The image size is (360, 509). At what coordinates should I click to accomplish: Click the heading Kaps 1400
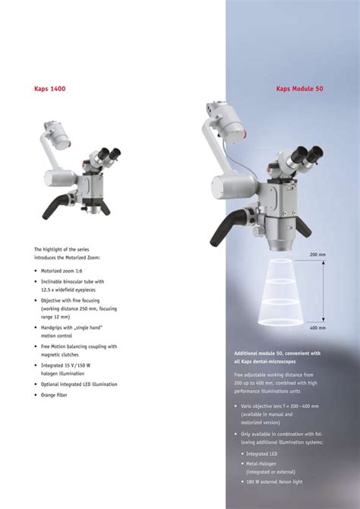tap(50, 89)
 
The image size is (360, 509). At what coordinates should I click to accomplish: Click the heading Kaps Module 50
tap(300, 89)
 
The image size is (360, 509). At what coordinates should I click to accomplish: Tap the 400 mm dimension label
tap(317, 328)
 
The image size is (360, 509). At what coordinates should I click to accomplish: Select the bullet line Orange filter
tap(55, 395)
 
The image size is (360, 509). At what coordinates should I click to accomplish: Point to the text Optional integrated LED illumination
tap(79, 384)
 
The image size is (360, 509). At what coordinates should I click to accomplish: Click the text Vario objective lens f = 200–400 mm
tap(279, 406)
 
